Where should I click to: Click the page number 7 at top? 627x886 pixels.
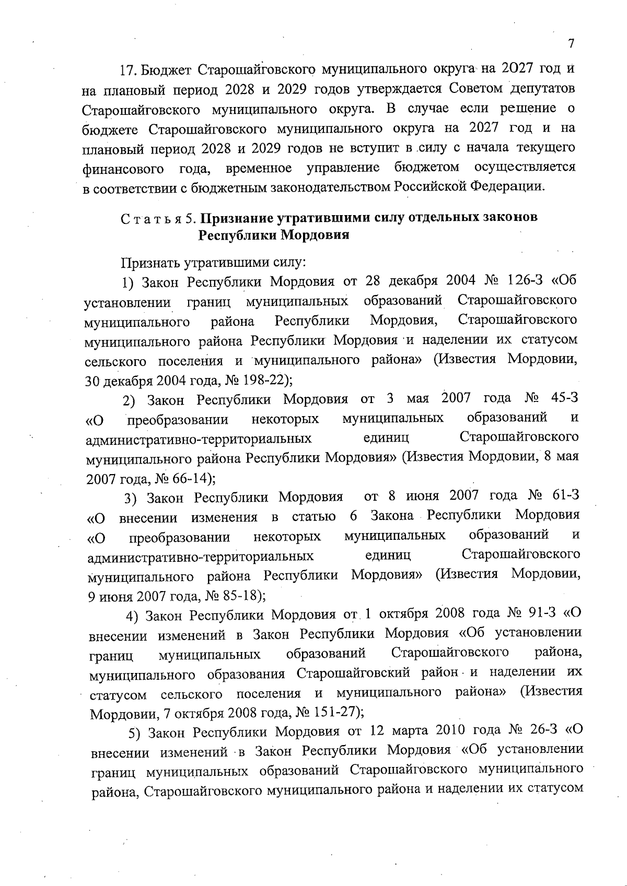tap(571, 43)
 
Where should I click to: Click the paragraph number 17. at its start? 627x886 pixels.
tap(128, 69)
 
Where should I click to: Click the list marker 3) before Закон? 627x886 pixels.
tap(131, 498)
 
